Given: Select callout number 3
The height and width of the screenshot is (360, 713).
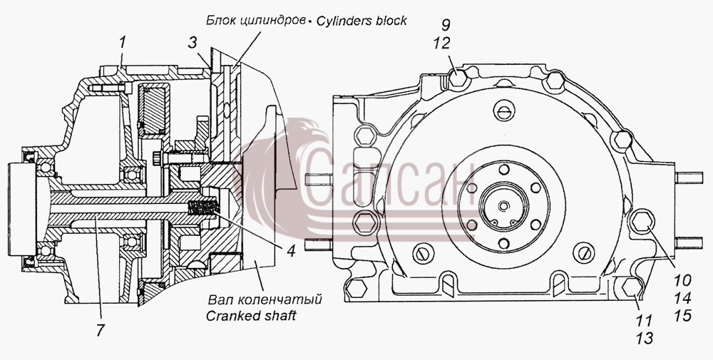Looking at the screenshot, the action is coord(193,43).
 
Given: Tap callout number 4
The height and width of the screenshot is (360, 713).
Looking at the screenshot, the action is coord(291,250).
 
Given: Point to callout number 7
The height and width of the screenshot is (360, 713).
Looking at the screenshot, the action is coord(100,330).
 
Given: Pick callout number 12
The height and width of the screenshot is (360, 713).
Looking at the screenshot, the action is coord(441,43).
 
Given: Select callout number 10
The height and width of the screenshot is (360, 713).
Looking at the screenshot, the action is coord(682,280).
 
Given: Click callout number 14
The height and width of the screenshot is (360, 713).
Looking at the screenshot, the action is coord(682,298).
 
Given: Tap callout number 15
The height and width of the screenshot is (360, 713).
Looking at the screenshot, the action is coord(682,316).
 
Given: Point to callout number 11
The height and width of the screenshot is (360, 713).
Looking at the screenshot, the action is coord(644,321).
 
